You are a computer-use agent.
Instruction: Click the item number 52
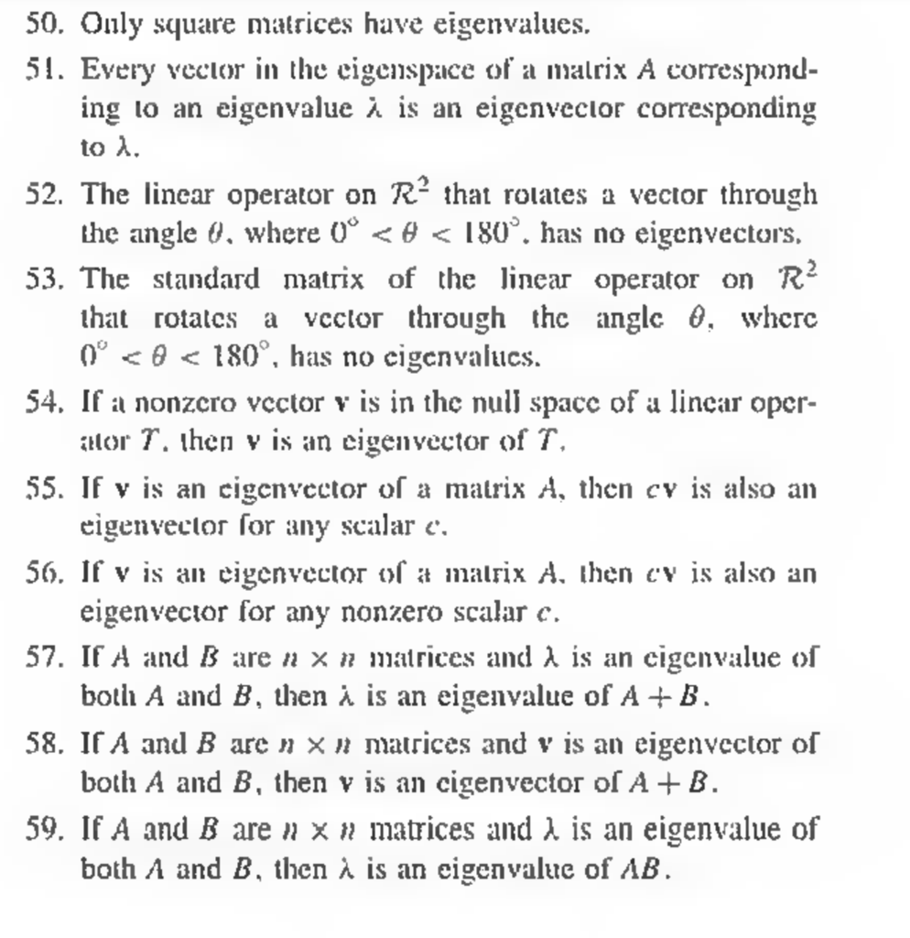coord(44,194)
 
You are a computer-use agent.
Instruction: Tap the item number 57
coord(44,658)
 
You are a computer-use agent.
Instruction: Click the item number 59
coord(44,830)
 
